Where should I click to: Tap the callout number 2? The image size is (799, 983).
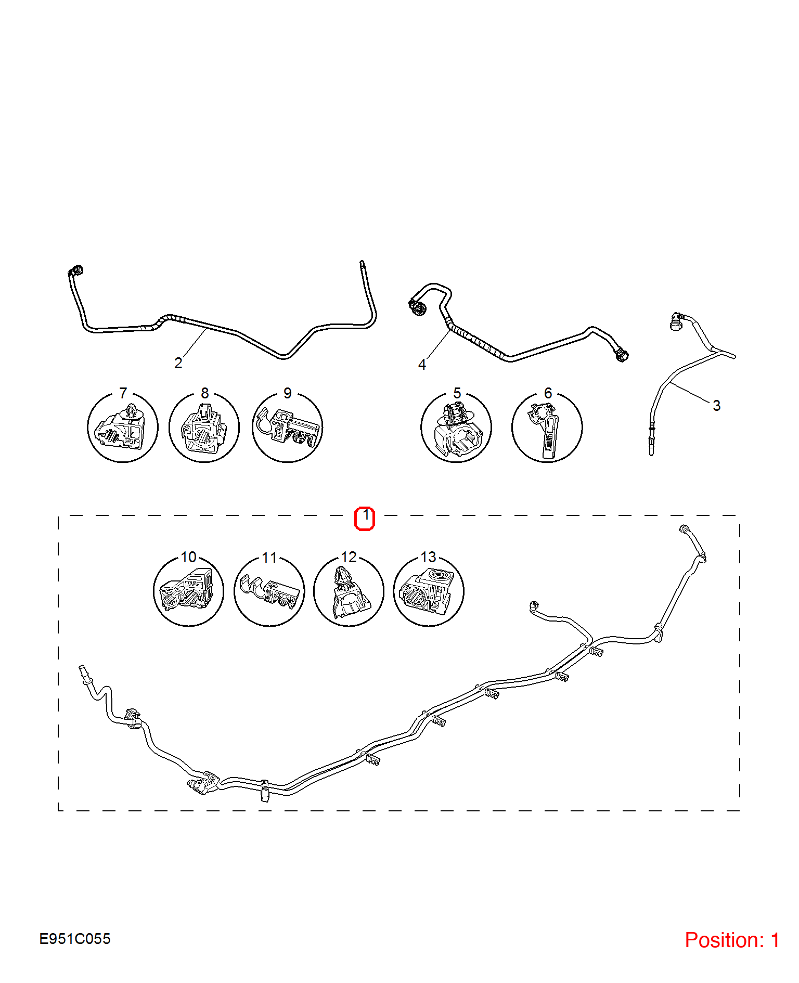click(x=178, y=363)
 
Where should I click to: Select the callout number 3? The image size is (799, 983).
click(x=716, y=406)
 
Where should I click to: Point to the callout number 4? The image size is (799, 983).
click(x=422, y=365)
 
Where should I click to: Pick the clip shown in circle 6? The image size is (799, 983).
click(x=546, y=431)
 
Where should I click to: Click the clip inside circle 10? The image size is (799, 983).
click(x=188, y=588)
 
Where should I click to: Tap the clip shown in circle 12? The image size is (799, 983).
click(x=349, y=592)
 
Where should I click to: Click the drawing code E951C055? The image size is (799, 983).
click(x=75, y=939)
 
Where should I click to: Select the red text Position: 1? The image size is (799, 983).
click(x=732, y=940)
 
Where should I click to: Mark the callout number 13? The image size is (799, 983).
click(x=428, y=557)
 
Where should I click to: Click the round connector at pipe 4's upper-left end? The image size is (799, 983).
click(x=417, y=307)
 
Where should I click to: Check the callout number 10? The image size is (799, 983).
click(x=189, y=557)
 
